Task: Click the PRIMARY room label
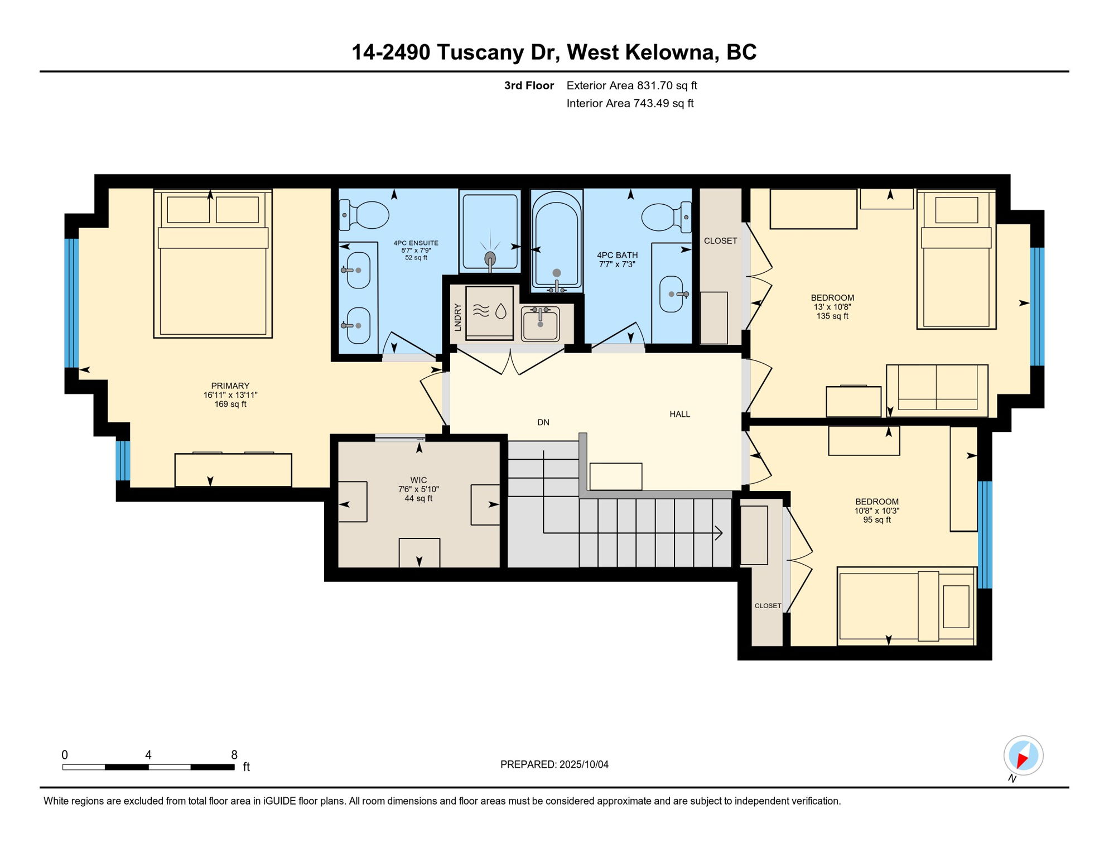coord(230,386)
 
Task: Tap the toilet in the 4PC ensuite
coord(365,215)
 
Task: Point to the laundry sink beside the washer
coord(540,324)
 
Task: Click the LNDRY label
coord(457,317)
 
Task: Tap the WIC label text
coord(418,480)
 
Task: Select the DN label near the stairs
coord(543,422)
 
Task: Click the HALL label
coord(679,414)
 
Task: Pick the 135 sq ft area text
coord(832,316)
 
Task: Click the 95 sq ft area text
coord(877,520)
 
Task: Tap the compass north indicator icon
coord(1023,756)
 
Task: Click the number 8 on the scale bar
coord(234,755)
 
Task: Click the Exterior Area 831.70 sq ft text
coord(631,85)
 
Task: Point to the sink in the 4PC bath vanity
coord(672,294)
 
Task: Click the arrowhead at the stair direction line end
coord(719,533)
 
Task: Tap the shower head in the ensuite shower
coord(490,259)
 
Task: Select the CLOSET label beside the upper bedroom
coord(720,241)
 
